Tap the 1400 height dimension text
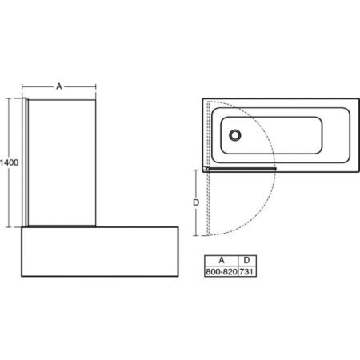pyautogui.click(x=10, y=162)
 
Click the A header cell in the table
pyautogui.click(x=222, y=261)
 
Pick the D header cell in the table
pyautogui.click(x=247, y=261)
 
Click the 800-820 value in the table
pyautogui.click(x=222, y=272)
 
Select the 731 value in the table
pyautogui.click(x=247, y=272)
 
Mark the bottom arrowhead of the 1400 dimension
pyautogui.click(x=10, y=226)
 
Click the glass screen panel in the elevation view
pyautogui.click(x=64, y=160)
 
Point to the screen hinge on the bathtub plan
pyautogui.click(x=206, y=169)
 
